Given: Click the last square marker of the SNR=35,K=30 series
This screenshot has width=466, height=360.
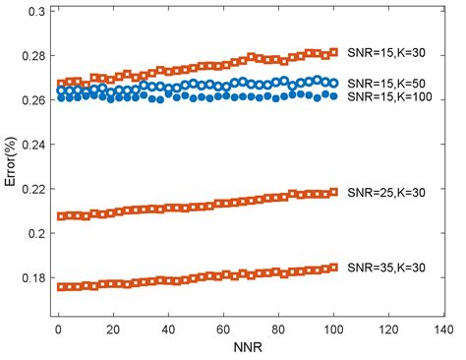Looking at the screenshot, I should [x=333, y=267].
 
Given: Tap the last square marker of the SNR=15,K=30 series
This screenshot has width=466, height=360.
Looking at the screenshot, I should [x=333, y=52].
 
